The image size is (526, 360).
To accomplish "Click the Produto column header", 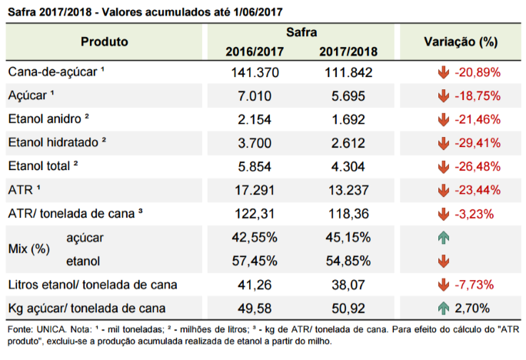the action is tap(105, 42).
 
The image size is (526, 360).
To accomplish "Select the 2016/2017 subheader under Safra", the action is tap(255, 52).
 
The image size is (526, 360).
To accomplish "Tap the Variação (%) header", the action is tap(461, 42).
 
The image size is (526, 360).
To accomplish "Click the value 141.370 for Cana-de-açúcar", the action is tap(255, 72).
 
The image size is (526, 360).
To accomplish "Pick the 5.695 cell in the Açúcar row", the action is tap(348, 96).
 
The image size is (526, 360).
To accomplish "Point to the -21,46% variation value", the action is tap(478, 119).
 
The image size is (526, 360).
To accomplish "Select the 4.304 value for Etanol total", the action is tap(348, 167).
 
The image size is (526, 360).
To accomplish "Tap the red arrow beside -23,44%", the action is tap(444, 190).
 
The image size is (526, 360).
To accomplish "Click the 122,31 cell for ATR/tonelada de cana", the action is tap(255, 214).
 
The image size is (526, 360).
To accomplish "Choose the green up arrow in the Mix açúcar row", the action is tap(444, 238).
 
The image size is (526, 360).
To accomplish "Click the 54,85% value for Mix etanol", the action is tap(348, 261).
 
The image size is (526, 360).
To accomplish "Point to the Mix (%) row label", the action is tap(29, 249).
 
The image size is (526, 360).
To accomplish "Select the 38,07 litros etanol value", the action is tap(348, 285).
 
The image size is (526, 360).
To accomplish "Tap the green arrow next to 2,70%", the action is tap(444, 308).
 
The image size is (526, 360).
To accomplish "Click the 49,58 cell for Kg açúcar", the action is tap(255, 308).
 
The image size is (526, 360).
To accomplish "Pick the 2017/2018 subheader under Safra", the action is tap(348, 52).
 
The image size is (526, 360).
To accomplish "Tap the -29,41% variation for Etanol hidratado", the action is tap(478, 143).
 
